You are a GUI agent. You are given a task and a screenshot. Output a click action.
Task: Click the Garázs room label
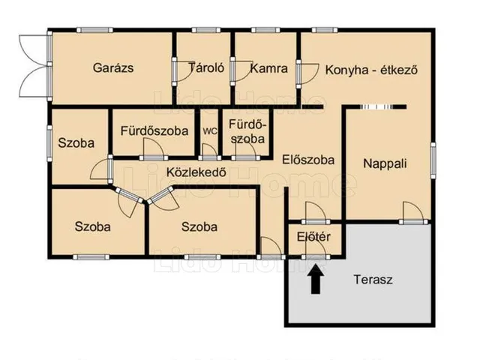pos(113,67)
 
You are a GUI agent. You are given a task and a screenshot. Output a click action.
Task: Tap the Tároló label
pos(206,67)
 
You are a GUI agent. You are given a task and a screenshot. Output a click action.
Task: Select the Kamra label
pos(269,68)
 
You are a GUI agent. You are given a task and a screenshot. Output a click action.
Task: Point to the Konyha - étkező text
pos(371,70)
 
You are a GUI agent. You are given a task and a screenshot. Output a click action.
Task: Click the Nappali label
pos(385,163)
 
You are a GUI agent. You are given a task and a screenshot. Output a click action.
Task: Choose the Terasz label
pos(373,280)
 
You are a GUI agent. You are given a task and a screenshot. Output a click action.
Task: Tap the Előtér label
pos(313,237)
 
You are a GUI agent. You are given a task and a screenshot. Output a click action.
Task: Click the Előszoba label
pos(308,160)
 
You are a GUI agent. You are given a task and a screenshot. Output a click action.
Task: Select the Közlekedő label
pos(196,172)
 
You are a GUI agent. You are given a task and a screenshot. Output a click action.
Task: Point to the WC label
pos(210,131)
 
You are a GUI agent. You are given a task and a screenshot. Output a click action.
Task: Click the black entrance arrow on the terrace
pos(316,280)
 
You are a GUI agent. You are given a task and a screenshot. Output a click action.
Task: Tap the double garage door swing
pos(34,66)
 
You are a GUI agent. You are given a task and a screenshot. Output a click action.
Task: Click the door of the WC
pos(210,151)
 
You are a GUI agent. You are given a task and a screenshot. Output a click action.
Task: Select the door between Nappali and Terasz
pos(413,213)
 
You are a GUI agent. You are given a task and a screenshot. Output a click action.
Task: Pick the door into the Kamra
pos(241,71)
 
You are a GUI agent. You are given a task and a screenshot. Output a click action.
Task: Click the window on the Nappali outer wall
pos(433,160)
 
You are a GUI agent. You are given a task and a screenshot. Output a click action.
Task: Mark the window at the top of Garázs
pos(94,30)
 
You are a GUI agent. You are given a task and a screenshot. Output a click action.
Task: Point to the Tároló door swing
pos(185,71)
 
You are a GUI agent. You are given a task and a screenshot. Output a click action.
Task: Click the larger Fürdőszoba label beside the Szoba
pos(154,131)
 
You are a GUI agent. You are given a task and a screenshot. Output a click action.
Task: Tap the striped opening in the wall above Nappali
pos(376,106)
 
